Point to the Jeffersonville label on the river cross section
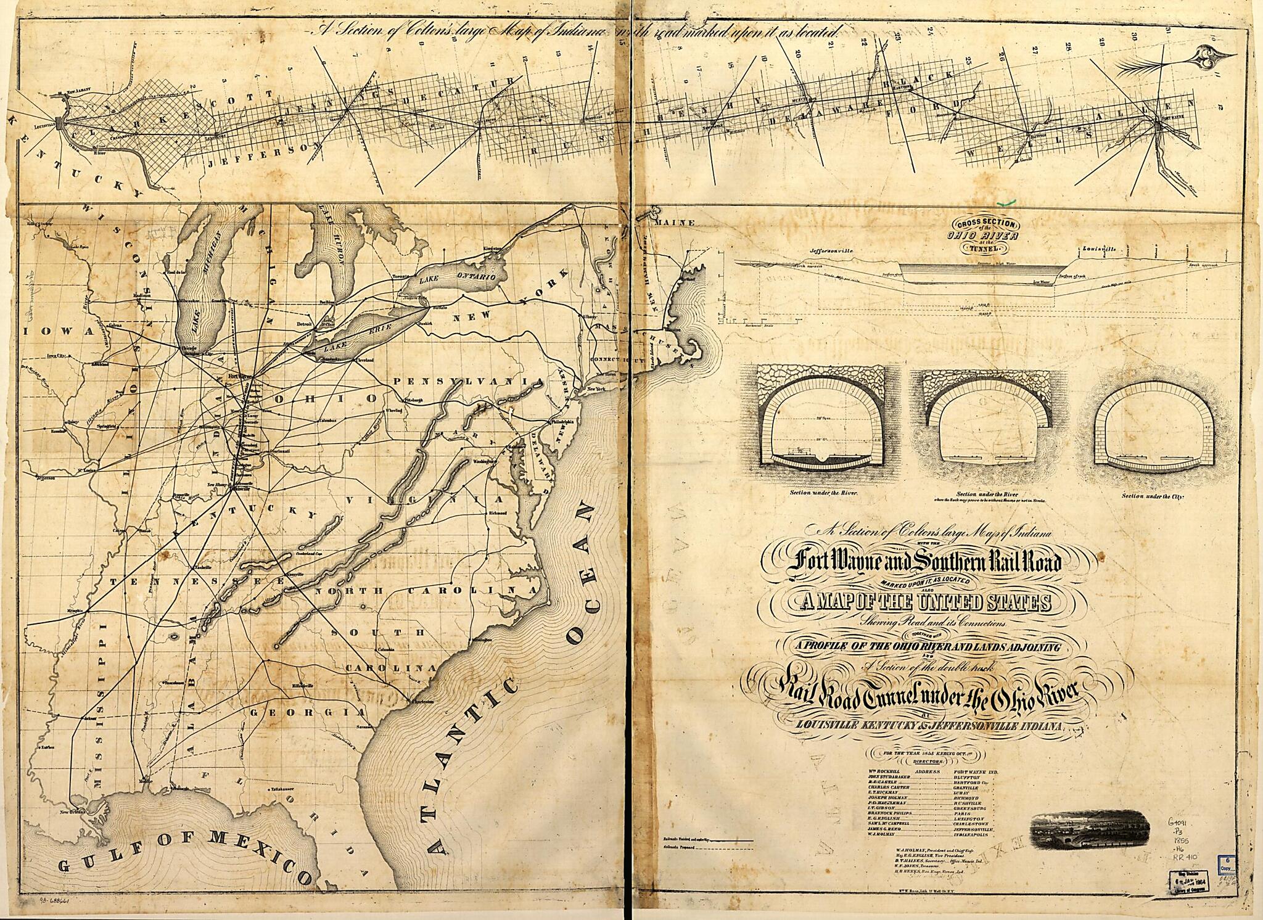pos(831,252)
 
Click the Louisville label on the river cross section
pos(1099,249)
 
